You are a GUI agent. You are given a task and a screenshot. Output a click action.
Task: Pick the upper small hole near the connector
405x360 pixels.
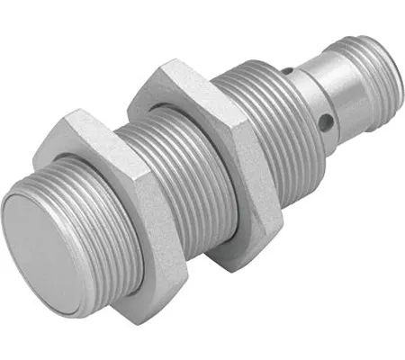tap(290, 67)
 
